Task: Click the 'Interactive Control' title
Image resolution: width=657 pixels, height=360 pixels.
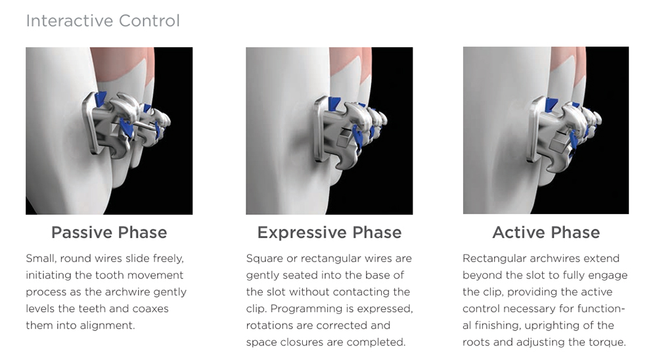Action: pos(102,20)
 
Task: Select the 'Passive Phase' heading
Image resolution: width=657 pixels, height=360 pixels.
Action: pos(109,233)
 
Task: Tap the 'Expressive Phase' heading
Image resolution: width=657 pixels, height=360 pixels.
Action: pos(329,233)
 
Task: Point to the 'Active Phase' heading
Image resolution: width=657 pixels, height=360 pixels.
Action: pos(546,233)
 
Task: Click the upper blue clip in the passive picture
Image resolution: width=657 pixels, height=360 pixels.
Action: pos(101,99)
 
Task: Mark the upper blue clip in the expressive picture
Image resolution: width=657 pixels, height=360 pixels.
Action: pos(334,104)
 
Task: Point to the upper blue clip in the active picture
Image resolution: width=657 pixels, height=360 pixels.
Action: pos(551,104)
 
